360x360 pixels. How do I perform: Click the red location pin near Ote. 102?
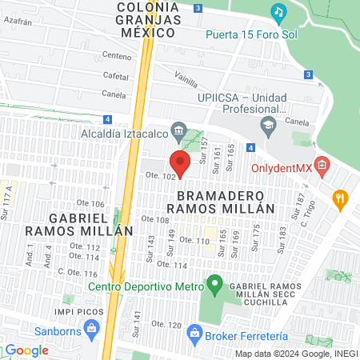[x=180, y=163]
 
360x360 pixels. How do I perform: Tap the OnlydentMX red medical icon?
[x=322, y=166]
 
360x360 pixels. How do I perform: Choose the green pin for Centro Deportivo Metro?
[x=214, y=283]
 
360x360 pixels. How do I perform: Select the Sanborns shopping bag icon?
[x=90, y=327]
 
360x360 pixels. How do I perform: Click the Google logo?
[x=26, y=350]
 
